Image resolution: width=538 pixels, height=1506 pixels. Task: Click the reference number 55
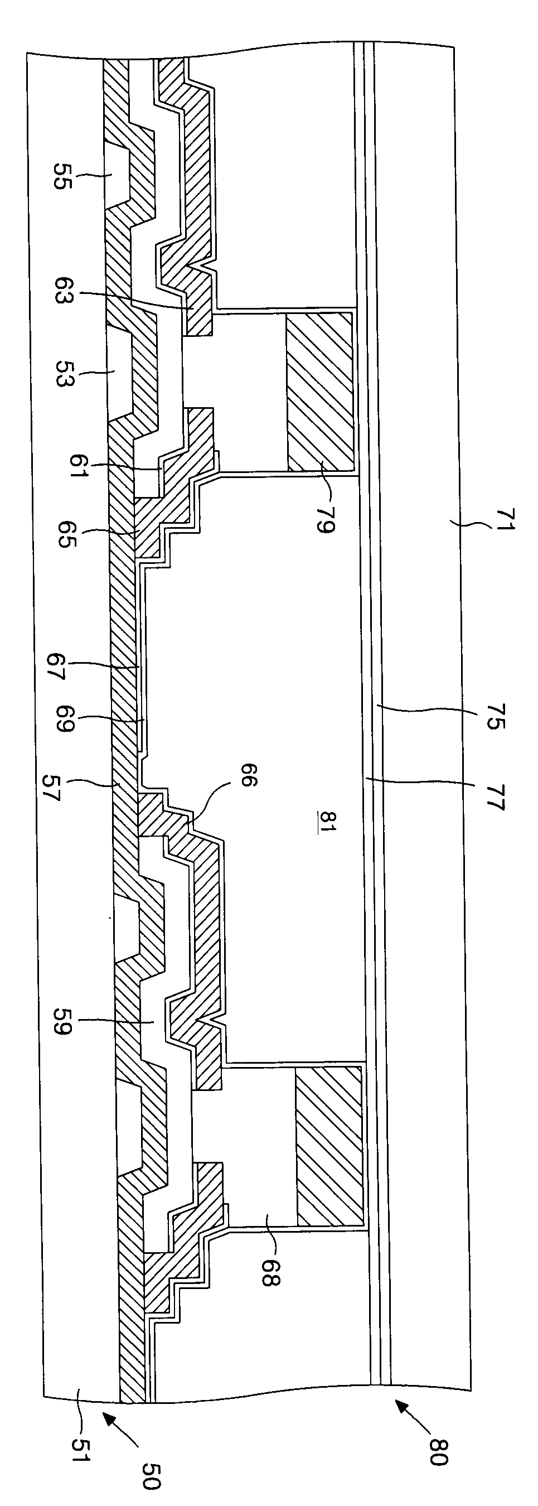(x=62, y=175)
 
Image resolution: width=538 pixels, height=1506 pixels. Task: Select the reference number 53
(x=62, y=374)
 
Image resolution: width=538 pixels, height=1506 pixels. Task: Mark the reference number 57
(x=51, y=787)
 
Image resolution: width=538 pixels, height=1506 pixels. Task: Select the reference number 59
(x=62, y=1021)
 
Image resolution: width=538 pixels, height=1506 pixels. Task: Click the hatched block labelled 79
(x=319, y=392)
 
